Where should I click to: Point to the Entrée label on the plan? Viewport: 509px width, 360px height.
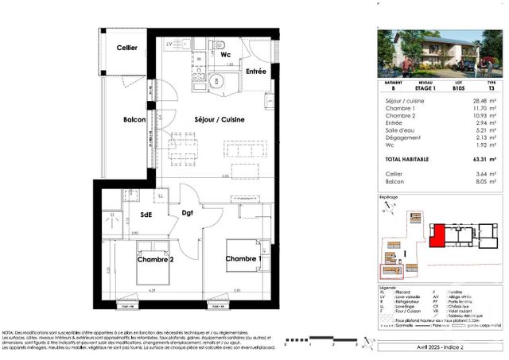click(256, 72)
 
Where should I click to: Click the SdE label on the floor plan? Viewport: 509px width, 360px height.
click(147, 214)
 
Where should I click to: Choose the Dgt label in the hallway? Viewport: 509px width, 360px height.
click(188, 213)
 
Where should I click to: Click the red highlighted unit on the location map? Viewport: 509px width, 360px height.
click(436, 236)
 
